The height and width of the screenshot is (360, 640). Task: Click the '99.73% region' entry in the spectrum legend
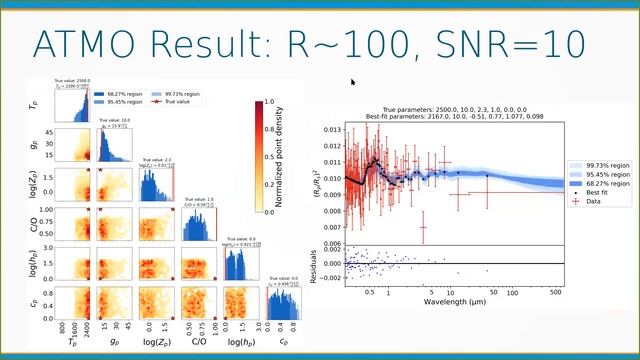point(600,163)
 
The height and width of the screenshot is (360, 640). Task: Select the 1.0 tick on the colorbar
point(266,102)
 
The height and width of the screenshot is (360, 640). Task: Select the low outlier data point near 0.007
point(423,227)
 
